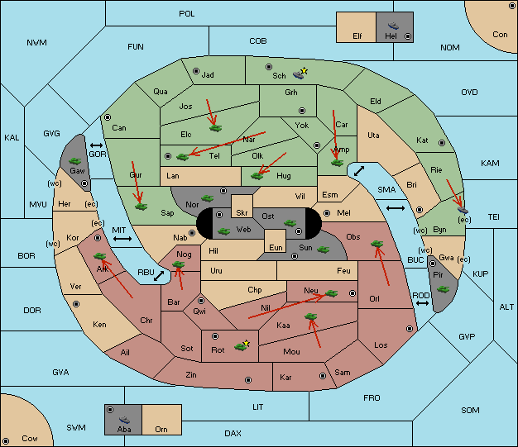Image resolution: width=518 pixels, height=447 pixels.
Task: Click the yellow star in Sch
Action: click(x=305, y=70)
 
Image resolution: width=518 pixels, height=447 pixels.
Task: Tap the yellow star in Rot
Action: click(x=246, y=344)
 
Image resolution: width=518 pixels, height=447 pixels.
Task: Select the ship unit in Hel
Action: click(x=393, y=26)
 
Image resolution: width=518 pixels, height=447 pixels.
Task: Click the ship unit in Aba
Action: click(x=124, y=420)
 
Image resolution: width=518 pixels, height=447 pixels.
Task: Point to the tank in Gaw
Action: click(x=75, y=161)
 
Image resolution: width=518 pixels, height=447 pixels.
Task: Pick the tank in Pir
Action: click(x=443, y=289)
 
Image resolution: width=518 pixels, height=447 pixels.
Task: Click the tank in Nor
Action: click(x=208, y=198)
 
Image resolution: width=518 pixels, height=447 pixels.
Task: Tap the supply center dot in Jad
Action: click(x=196, y=71)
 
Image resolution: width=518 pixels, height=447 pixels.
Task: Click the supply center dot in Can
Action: click(x=108, y=117)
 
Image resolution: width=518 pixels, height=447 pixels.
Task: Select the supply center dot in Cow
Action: click(x=6, y=440)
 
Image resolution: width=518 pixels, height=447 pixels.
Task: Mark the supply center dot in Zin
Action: click(x=248, y=380)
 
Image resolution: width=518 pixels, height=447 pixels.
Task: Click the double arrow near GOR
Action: click(x=96, y=145)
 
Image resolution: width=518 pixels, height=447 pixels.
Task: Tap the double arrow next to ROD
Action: click(x=422, y=303)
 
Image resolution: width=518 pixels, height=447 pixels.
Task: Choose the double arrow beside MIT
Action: click(x=122, y=239)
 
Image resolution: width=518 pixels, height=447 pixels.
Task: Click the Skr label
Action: click(x=242, y=213)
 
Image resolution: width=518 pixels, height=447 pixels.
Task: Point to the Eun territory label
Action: click(x=276, y=247)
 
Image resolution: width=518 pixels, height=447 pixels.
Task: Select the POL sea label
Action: click(x=187, y=14)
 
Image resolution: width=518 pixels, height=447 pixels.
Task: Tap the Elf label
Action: click(x=357, y=36)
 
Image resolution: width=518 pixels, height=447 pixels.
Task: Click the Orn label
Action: click(x=161, y=429)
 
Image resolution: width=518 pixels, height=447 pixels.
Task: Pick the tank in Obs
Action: click(x=377, y=244)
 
